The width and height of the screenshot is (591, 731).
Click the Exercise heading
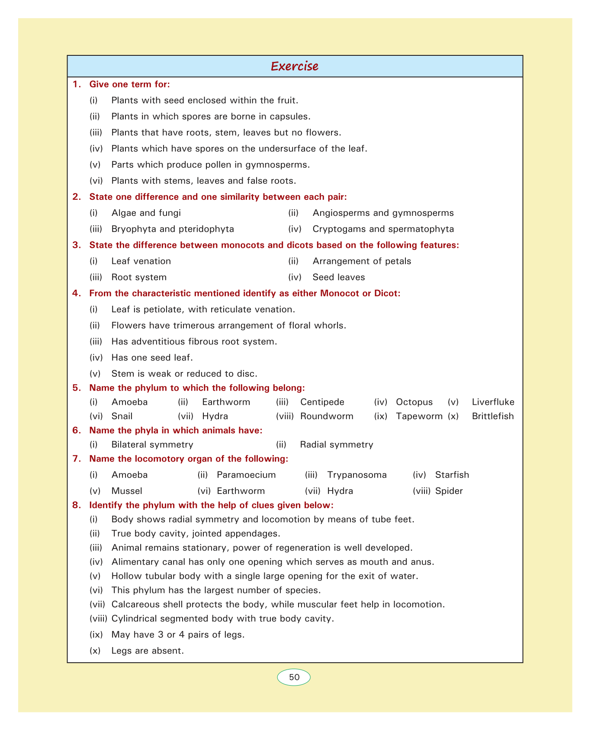[x=295, y=66]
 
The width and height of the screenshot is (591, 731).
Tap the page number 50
[x=294, y=677]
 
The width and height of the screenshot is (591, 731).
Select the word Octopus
[x=414, y=402]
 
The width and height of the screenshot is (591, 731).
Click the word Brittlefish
[x=493, y=417]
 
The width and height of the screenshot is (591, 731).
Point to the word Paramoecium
[x=246, y=475]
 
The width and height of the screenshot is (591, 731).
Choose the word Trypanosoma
[x=357, y=475]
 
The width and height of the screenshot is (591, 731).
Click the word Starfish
[x=452, y=475]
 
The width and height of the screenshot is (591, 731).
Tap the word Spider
[x=449, y=491]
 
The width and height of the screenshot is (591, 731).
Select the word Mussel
[x=127, y=491]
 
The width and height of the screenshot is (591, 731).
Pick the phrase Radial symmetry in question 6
[x=336, y=445]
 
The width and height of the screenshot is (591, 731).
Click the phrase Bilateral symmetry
[x=152, y=445]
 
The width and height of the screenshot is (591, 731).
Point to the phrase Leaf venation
[x=141, y=261]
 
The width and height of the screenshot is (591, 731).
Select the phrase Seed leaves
[x=339, y=277]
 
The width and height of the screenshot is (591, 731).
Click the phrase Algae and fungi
[x=146, y=213]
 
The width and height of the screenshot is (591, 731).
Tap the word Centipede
[x=322, y=402]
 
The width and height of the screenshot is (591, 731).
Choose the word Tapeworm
[x=419, y=417]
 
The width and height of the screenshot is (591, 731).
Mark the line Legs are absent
[x=148, y=651]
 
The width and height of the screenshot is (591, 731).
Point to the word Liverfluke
[x=493, y=402]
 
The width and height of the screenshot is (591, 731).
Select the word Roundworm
[x=327, y=417]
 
